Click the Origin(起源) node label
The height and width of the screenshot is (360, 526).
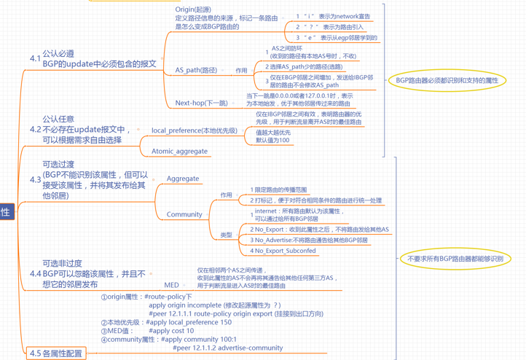point(193,9)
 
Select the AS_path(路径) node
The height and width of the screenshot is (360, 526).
point(197,71)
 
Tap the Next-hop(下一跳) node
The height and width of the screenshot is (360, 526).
point(201,103)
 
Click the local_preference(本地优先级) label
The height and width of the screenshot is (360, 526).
point(195,131)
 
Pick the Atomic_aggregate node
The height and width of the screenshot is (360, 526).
point(180,152)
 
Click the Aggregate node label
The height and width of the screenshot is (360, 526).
point(183,179)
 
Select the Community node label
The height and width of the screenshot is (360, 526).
point(184,215)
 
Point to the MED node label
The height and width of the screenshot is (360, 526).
point(171,285)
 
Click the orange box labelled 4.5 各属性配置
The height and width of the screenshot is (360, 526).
point(56,353)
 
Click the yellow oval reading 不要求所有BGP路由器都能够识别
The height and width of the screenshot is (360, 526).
point(455,259)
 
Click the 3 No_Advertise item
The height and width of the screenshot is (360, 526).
point(309,240)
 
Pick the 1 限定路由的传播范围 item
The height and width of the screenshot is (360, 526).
point(279,189)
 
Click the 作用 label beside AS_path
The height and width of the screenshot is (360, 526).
point(241,71)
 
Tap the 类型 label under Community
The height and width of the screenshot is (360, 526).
point(227,235)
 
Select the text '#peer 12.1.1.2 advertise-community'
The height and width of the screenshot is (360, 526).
point(227,348)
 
